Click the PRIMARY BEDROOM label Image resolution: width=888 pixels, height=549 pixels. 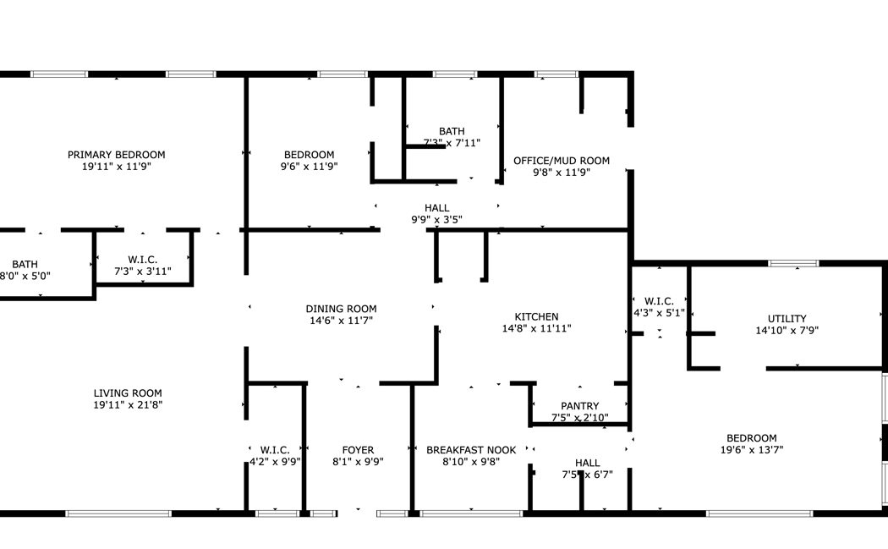point(116,155)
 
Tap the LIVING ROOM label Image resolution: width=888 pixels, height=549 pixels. point(128,393)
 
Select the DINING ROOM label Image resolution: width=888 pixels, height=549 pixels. point(341,309)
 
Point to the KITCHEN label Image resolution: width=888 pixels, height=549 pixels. point(536,316)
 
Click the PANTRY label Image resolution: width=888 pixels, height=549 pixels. point(579,406)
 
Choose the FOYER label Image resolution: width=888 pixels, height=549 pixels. point(358,450)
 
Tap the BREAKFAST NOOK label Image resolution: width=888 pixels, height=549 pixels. point(471,450)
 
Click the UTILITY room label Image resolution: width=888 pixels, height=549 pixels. point(787,319)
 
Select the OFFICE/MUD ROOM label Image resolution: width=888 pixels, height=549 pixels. point(562,161)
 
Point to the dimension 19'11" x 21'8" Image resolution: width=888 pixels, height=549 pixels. point(128,405)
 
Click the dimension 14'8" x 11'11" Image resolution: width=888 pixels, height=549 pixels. point(536,328)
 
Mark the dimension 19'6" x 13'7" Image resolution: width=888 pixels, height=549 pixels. point(752,450)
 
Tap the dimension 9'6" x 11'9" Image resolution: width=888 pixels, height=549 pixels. point(310,167)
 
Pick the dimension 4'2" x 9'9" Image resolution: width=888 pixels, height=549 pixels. point(275,462)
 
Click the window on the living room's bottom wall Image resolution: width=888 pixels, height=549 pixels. point(118,513)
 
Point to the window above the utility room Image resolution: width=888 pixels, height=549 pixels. point(793,263)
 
